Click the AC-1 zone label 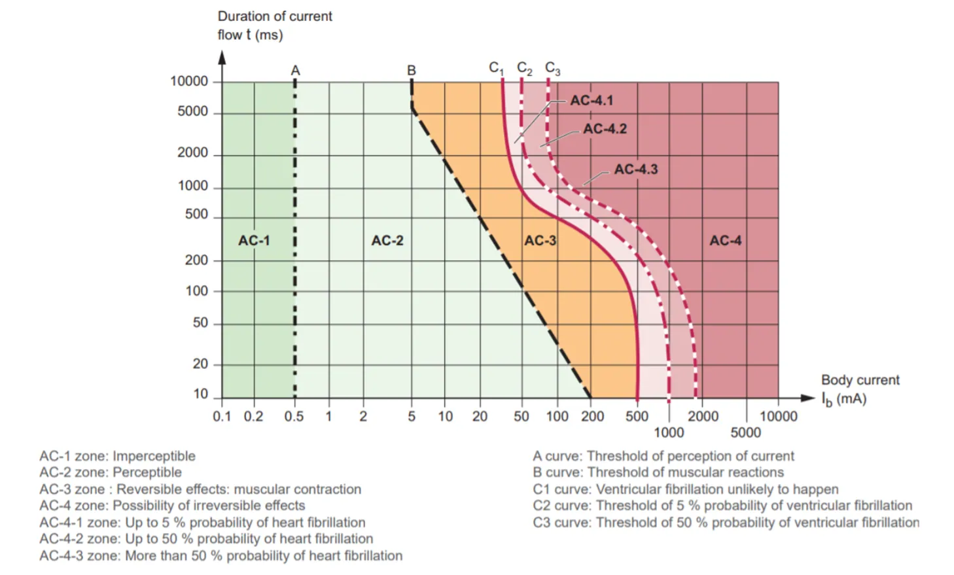click(254, 241)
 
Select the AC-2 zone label click(387, 241)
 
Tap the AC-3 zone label click(540, 241)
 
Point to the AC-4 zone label click(726, 241)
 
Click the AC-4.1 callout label click(592, 100)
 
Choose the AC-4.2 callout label click(605, 129)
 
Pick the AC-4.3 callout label click(635, 169)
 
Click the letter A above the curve click(295, 70)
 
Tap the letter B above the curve click(412, 70)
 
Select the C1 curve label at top click(496, 68)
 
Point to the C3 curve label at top click(552, 68)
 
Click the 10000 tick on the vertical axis click(189, 81)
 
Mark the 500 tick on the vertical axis click(196, 215)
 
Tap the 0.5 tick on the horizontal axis click(294, 416)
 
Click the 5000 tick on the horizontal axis click(746, 432)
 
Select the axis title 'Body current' click(860, 380)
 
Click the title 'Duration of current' click(275, 16)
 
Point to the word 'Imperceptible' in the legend click(154, 456)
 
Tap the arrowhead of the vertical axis click(222, 57)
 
